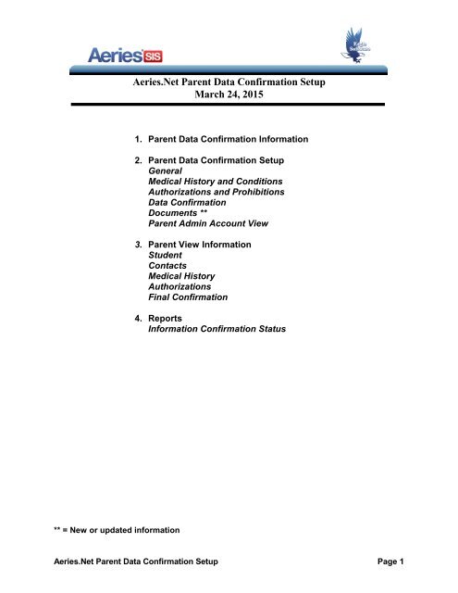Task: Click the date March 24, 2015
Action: [x=229, y=94]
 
